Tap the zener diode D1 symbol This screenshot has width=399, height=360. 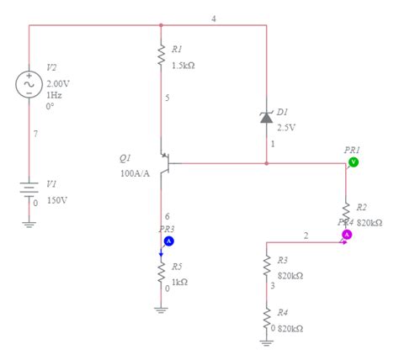point(267,118)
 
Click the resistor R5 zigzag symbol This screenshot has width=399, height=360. point(161,271)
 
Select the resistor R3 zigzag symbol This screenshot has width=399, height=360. point(267,267)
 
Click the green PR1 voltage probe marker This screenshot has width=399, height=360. point(354,161)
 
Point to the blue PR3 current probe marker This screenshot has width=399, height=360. point(168,241)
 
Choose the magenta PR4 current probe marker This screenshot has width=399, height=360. point(346,236)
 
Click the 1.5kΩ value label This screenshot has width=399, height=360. point(184,66)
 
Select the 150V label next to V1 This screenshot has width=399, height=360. point(57,201)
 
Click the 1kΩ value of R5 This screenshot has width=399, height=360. point(179,283)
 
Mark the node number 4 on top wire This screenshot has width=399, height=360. point(213,18)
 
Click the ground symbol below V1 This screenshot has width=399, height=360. point(29,223)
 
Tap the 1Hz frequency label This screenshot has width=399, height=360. point(54,96)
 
